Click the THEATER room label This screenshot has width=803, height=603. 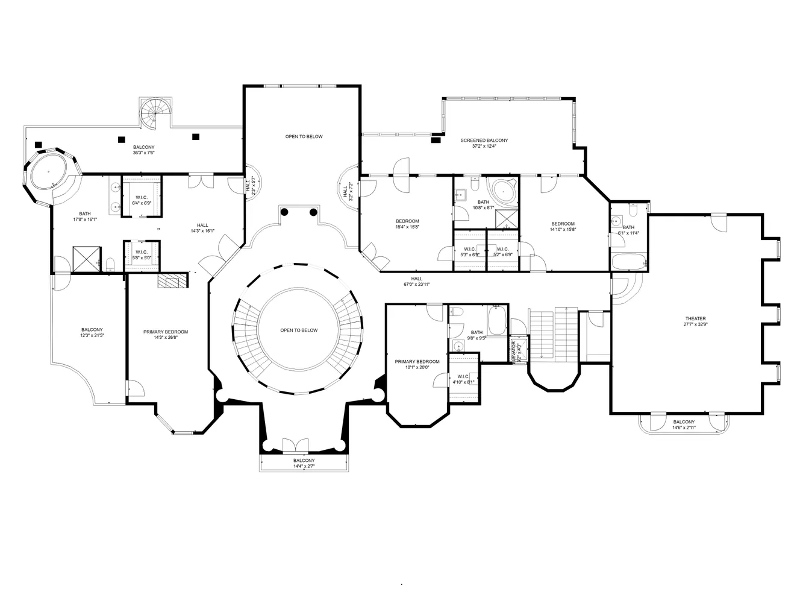(695, 318)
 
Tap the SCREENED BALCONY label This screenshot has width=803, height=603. (484, 140)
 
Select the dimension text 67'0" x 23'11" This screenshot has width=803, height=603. (416, 284)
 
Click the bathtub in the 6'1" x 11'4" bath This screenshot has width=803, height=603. (628, 262)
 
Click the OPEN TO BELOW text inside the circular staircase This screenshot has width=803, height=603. (299, 330)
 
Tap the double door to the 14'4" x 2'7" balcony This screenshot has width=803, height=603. (295, 445)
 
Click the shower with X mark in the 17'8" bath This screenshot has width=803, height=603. (86, 258)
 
